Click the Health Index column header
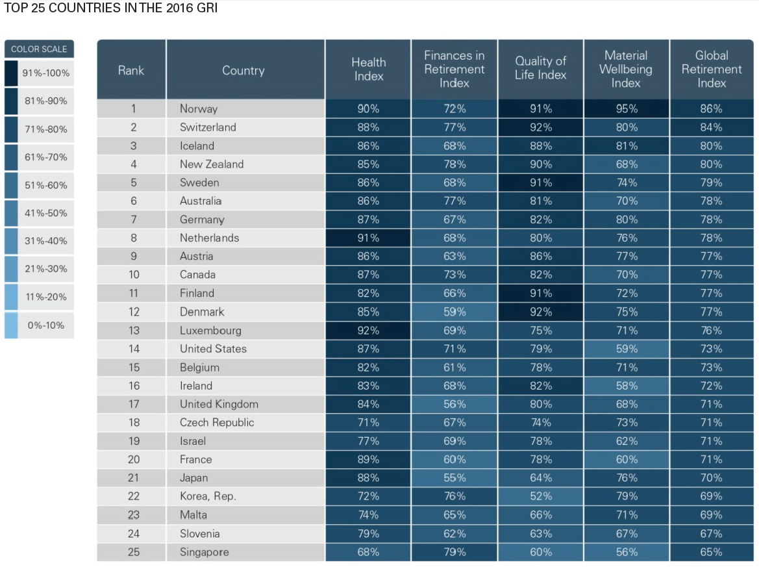click(368, 69)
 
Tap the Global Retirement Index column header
click(712, 69)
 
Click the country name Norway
click(199, 108)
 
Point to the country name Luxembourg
click(210, 330)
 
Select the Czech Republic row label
click(217, 422)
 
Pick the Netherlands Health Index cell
click(368, 238)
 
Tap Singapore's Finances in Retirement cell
click(454, 552)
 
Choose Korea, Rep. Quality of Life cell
click(541, 496)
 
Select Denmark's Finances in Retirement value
click(454, 312)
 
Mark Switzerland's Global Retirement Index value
click(712, 127)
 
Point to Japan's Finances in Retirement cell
click(454, 477)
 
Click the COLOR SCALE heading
click(39, 49)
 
